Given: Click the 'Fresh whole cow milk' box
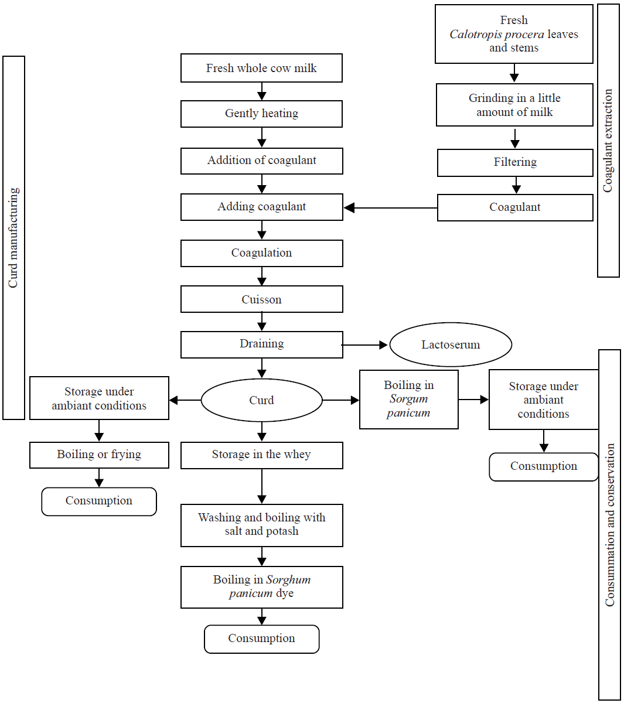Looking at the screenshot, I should point(261,69).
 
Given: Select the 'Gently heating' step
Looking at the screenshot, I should point(261,114).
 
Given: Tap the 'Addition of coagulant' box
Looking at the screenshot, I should point(261,161).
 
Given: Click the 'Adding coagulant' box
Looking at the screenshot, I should point(261,207).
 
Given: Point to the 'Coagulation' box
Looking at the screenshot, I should point(261,253).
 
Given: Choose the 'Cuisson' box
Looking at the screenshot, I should point(261,299).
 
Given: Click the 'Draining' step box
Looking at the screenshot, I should point(261,344).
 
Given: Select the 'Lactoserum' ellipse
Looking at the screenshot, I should point(451,344).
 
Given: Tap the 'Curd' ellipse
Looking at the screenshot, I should point(261,400).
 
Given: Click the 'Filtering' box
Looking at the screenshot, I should point(515,162).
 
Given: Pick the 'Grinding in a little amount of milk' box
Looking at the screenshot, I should point(514,105).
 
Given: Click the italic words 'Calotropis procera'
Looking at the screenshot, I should point(497,35).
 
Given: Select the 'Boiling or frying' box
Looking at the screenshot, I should point(99,455).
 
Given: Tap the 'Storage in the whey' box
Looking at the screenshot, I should point(261,455).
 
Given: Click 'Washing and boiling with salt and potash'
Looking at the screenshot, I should point(261,525).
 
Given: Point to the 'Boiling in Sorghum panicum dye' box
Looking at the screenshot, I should point(261,587).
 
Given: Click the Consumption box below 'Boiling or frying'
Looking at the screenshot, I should point(99,501).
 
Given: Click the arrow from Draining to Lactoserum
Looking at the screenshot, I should point(364,345).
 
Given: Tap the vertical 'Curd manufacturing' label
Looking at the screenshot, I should point(13,237).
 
